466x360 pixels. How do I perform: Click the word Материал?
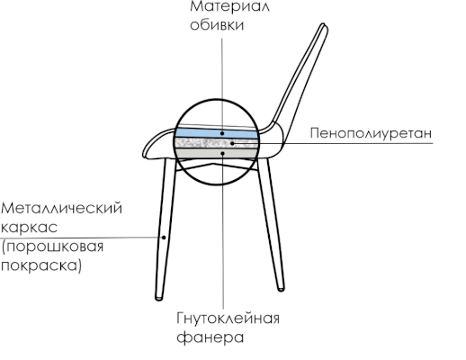tap(229, 6)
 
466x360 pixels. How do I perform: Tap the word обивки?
tap(217, 25)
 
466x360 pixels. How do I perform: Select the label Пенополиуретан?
tap(371, 133)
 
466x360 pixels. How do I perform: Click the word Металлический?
tap(62, 208)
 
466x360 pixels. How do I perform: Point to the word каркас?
tap(29, 227)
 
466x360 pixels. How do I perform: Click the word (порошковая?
tap(52, 247)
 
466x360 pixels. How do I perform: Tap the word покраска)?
tap(41, 265)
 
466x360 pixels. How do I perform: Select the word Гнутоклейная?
tap(228, 319)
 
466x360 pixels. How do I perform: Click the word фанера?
tap(210, 337)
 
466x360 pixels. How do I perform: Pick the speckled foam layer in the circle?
tap(216, 143)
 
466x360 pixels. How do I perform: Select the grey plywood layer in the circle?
tap(216, 153)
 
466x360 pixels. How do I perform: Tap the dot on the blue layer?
tap(222, 133)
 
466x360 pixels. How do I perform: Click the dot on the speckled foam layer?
tap(232, 143)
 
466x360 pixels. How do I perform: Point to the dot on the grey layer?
tap(222, 153)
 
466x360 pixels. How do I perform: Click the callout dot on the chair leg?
tap(164, 238)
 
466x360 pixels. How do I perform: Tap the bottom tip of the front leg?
tap(159, 298)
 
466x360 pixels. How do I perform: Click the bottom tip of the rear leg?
tap(281, 289)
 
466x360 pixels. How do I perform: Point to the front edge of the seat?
tap(144, 154)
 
